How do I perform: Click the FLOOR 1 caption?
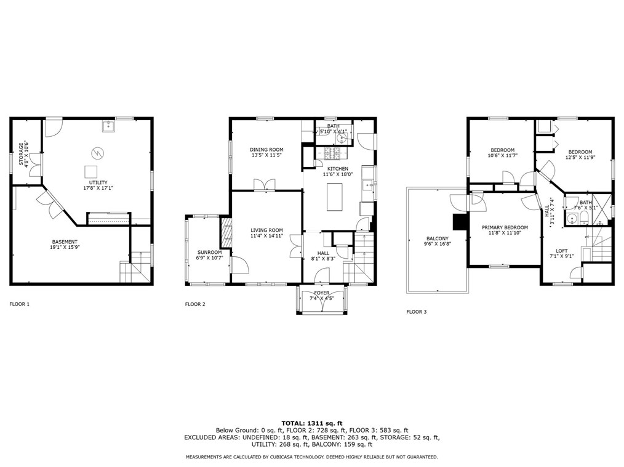pos(19,304)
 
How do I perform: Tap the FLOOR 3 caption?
pos(416,312)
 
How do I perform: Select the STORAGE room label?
pos(21,154)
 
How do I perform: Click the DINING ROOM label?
pos(266,150)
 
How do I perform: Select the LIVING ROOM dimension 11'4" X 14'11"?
pos(266,236)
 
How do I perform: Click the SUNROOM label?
pos(209,252)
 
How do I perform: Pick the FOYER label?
pos(321,293)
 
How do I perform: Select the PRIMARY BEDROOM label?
pos(504,227)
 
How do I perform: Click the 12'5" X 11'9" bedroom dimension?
pos(580,158)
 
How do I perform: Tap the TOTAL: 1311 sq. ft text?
pos(311,423)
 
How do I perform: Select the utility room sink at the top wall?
pos(111,126)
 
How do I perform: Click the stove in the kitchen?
pos(333,154)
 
